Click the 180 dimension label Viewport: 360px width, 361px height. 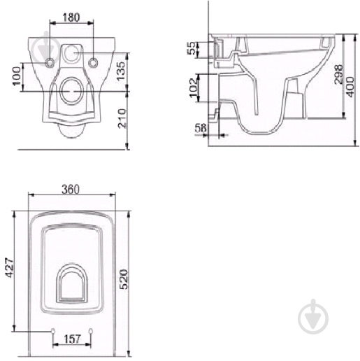pos(71,17)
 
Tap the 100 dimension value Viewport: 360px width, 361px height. pos(17,76)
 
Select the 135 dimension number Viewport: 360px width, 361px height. pos(121,71)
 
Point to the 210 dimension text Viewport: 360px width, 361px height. pos(122,118)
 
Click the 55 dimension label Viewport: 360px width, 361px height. pos(192,48)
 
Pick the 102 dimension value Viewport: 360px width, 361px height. pos(194,87)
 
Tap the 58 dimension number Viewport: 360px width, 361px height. pos(201,127)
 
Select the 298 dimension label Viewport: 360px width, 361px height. pos(338,74)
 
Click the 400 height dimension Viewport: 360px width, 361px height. pos(350,87)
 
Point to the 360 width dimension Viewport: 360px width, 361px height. pos(71,189)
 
